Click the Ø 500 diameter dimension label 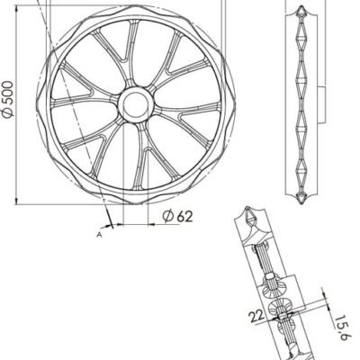pyautogui.click(x=8, y=99)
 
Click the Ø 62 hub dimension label pyautogui.click(x=178, y=216)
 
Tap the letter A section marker pyautogui.click(x=99, y=235)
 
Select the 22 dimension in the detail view pyautogui.click(x=256, y=316)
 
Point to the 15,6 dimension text pyautogui.click(x=340, y=328)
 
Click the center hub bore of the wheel pyautogui.click(x=136, y=104)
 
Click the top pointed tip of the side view pyautogui.click(x=301, y=6)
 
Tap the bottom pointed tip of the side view pyautogui.click(x=301, y=203)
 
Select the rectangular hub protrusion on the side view pyautogui.click(x=321, y=104)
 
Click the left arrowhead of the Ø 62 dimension pyautogui.click(x=120, y=224)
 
